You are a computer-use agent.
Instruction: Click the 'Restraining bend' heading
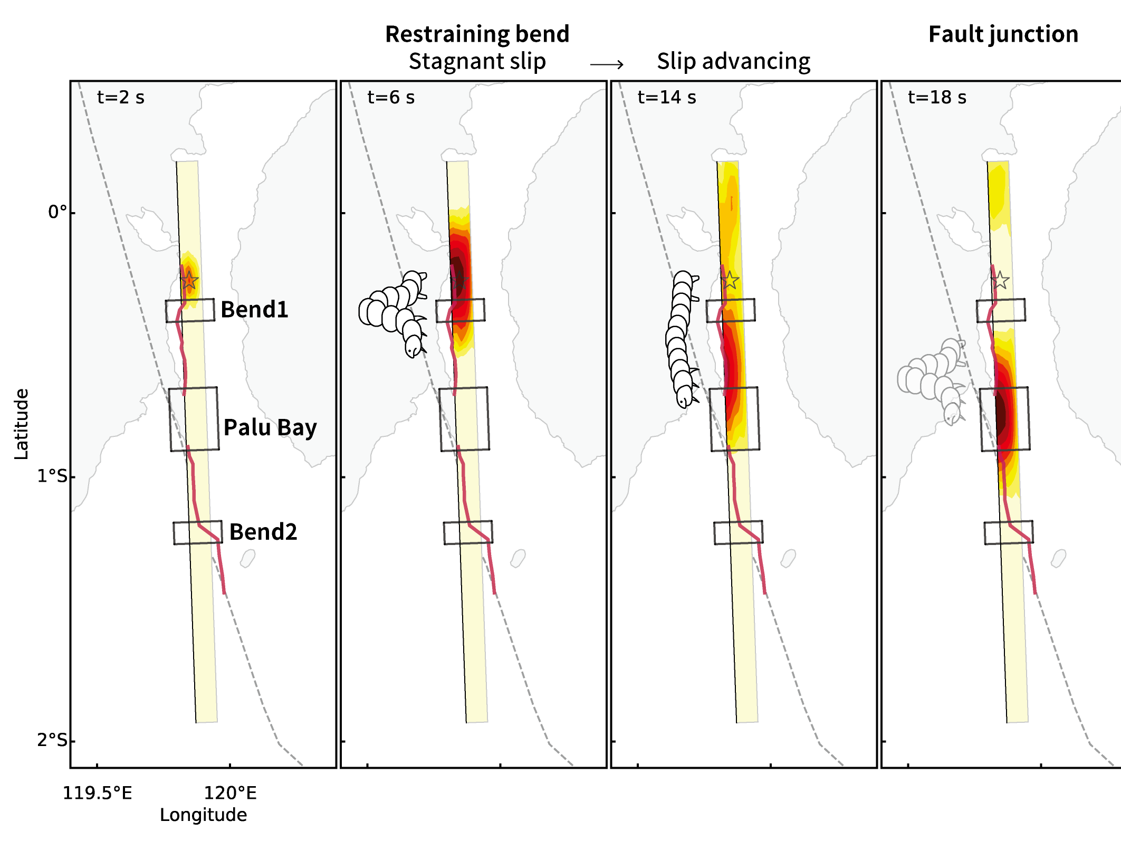click(x=477, y=34)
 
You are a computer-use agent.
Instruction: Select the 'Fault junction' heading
click(x=1003, y=34)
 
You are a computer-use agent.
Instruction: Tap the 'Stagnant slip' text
click(x=477, y=62)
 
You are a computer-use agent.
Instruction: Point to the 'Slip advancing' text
click(x=733, y=62)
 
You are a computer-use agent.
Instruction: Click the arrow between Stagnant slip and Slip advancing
click(x=607, y=64)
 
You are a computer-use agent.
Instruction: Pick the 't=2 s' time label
click(x=121, y=98)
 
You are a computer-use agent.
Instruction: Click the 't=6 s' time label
click(x=391, y=98)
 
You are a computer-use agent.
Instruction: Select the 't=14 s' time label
click(x=667, y=98)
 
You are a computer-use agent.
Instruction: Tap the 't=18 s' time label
click(x=937, y=98)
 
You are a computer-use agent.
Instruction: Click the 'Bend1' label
click(x=254, y=310)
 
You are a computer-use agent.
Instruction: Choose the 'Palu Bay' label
click(x=270, y=427)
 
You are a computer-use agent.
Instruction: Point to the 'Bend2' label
click(x=263, y=532)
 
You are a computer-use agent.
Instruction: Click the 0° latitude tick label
click(x=58, y=212)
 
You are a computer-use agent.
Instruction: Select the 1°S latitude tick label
click(x=53, y=476)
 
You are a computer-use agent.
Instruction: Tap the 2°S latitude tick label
click(x=53, y=740)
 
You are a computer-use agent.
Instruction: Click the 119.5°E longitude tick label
click(x=98, y=793)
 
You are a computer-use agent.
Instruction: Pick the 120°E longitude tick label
click(x=230, y=793)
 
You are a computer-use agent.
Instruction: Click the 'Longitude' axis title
click(x=203, y=815)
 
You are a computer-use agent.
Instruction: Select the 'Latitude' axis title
click(x=22, y=424)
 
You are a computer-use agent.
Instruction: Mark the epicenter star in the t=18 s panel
click(x=1000, y=280)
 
